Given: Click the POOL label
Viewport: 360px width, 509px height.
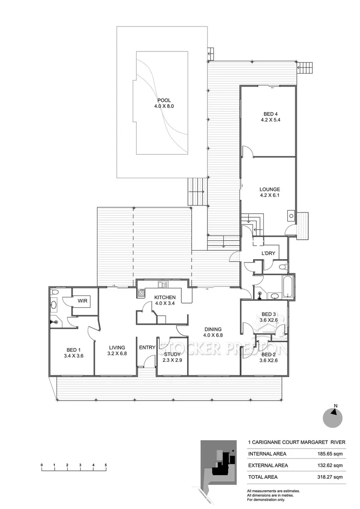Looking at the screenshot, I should (164, 100).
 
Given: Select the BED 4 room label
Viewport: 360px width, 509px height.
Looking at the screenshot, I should (270, 114).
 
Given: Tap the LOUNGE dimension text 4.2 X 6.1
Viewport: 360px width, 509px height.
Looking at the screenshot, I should (270, 195).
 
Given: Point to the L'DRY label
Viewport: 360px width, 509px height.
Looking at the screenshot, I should (268, 254).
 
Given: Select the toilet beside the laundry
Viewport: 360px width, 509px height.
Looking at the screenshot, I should (282, 267).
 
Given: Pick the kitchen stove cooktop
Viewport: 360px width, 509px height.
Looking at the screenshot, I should (140, 293).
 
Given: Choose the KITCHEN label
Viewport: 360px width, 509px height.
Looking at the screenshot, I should (165, 297).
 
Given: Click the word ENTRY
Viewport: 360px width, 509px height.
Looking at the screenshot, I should (147, 348).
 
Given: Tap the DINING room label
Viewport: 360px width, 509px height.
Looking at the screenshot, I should (213, 329).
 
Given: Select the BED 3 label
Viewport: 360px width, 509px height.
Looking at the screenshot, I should (269, 314).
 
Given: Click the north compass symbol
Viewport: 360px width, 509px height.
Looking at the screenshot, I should (332, 417).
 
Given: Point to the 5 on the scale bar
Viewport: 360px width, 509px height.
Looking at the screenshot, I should (106, 465).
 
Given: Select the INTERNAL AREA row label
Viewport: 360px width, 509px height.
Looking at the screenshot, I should (267, 454).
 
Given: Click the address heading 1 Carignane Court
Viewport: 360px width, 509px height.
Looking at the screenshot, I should (297, 443).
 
